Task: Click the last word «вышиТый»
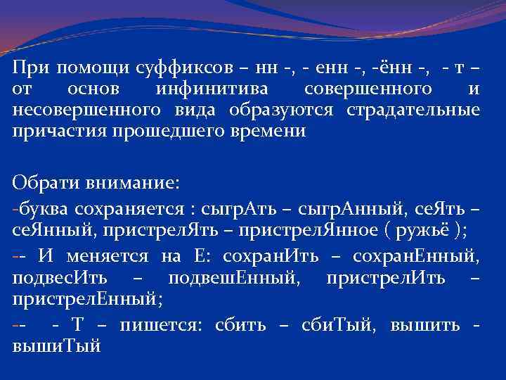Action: (x=57, y=346)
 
